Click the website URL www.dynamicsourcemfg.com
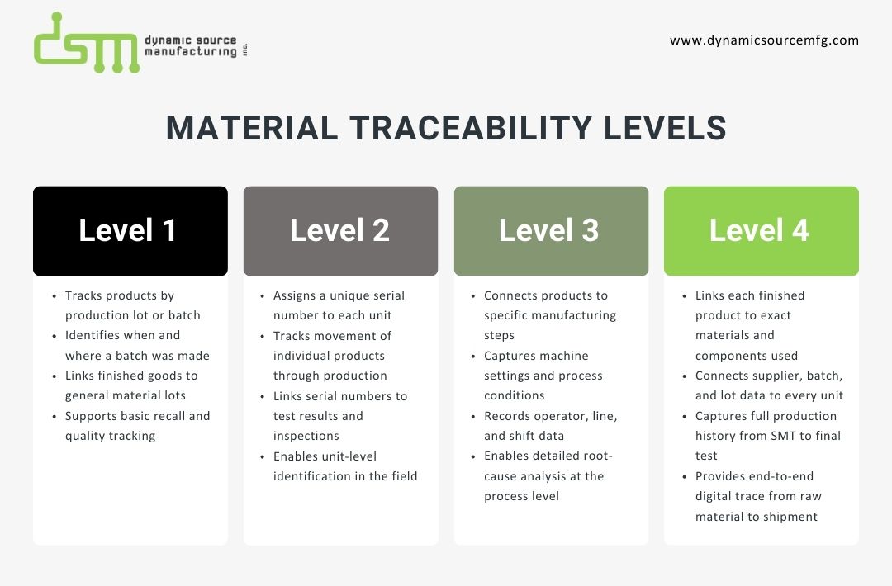click(x=764, y=40)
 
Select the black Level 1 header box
click(x=130, y=230)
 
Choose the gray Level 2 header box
click(x=340, y=230)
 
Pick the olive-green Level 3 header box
click(x=551, y=230)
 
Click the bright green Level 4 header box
click(x=761, y=230)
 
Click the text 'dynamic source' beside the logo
click(x=190, y=40)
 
